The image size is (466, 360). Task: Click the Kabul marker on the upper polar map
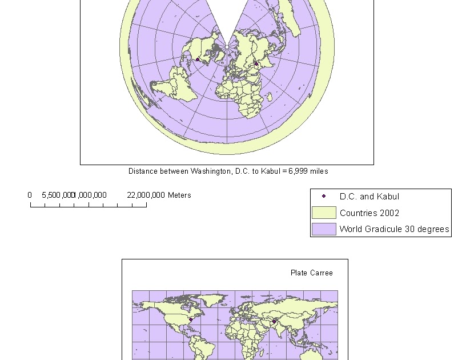pos(256,64)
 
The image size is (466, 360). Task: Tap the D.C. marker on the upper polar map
pos(198,59)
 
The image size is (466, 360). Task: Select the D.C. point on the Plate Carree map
pos(190,319)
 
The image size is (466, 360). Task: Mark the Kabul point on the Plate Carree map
pos(274,321)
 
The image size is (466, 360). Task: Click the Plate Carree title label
pos(311,273)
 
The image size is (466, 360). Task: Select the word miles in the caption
pos(319,171)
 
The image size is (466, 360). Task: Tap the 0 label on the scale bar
pos(30,195)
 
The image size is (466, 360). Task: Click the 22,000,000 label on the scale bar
pos(146,195)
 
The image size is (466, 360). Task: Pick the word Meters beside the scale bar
pos(179,195)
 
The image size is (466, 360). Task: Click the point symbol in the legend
pos(324,196)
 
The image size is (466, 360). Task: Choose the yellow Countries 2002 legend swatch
pos(324,213)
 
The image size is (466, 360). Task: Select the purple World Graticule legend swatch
pos(324,229)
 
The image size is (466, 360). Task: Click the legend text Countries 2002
pos(369,213)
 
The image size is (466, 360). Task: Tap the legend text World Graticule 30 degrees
pos(394,229)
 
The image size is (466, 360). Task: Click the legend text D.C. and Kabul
pos(369,196)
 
